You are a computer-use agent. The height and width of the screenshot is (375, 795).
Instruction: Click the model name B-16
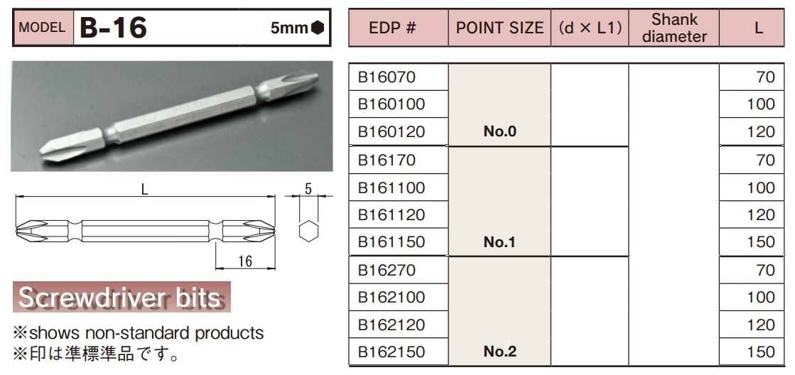[114, 28]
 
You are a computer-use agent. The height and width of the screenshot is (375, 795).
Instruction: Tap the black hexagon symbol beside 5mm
[317, 28]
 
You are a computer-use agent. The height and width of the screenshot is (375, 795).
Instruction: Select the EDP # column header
[397, 28]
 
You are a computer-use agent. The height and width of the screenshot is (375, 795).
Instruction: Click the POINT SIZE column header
[499, 28]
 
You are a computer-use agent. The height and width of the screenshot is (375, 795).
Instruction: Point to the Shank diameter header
[674, 28]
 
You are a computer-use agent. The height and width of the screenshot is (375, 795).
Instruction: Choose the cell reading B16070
[386, 77]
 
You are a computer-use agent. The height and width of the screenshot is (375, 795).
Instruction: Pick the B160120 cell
[391, 132]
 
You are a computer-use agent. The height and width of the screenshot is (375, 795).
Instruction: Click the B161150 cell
[391, 242]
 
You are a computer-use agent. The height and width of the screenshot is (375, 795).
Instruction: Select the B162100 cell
[391, 297]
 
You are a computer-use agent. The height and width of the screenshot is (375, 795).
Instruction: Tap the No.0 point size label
[499, 132]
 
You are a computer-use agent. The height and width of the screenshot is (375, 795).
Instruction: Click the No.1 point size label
[499, 242]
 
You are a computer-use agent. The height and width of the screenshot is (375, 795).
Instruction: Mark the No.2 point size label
[499, 352]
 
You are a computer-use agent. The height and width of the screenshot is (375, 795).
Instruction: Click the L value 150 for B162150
[761, 352]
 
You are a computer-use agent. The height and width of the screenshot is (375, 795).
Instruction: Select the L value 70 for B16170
[765, 160]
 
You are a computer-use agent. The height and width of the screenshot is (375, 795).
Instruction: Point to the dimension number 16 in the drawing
[244, 261]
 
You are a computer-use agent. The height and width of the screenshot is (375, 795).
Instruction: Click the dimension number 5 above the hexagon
[308, 190]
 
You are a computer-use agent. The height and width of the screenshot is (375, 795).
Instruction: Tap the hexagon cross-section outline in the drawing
[308, 232]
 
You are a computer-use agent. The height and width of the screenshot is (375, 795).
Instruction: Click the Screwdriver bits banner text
[120, 298]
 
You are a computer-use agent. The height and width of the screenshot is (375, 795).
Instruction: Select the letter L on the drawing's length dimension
[145, 190]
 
